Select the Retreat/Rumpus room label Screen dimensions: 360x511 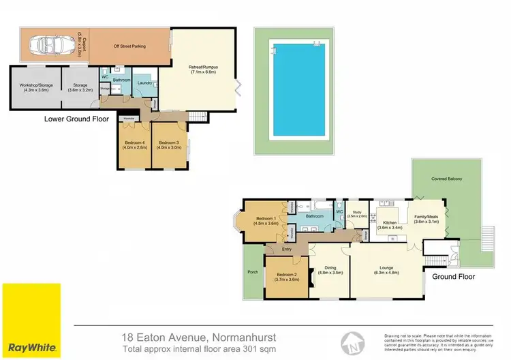click(203, 69)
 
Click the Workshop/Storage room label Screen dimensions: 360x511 click(35, 88)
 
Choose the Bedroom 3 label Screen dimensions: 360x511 click(169, 145)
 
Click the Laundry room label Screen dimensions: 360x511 click(144, 83)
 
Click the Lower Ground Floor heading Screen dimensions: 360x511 click(76, 118)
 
